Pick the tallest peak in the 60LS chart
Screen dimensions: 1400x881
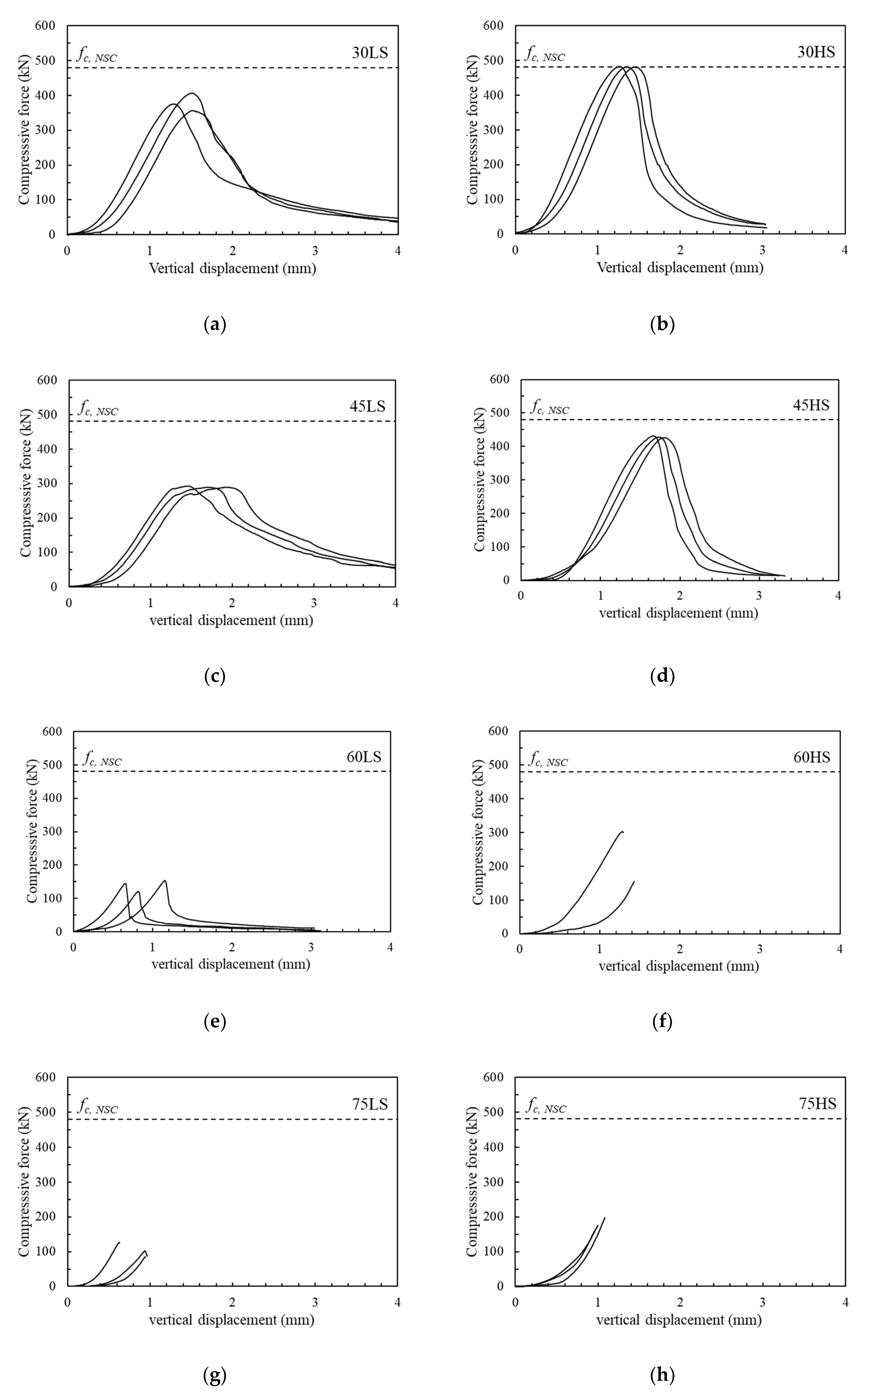click(x=165, y=881)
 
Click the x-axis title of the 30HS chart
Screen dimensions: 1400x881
click(x=680, y=268)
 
